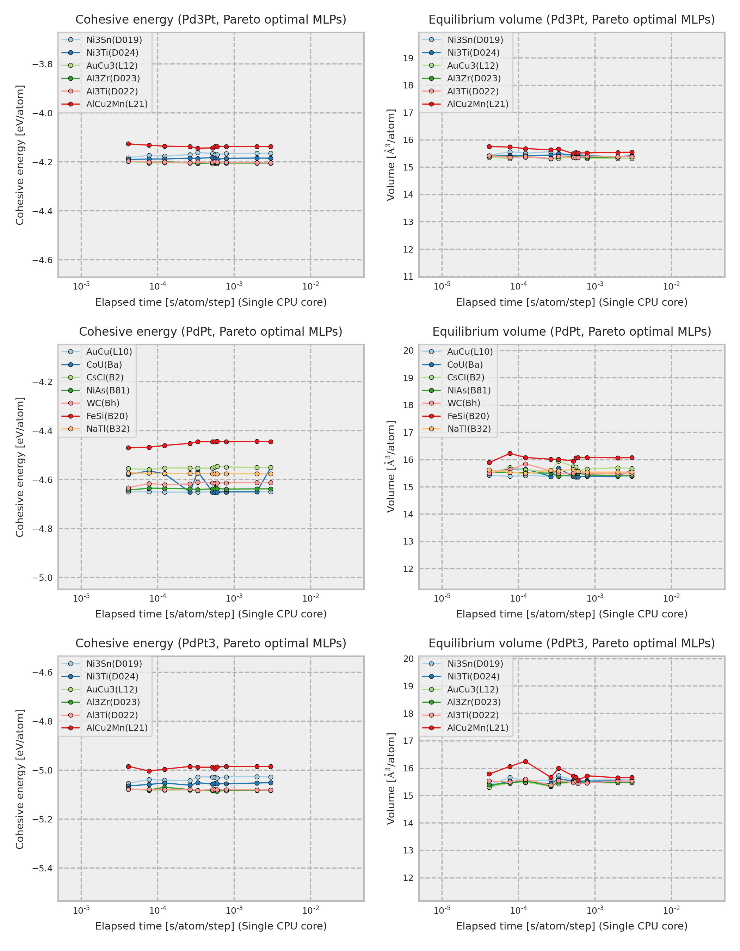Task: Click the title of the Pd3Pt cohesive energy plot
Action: [x=211, y=20]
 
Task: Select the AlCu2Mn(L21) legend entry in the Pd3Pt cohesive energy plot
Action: [x=117, y=104]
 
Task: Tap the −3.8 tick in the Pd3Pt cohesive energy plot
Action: [x=42, y=64]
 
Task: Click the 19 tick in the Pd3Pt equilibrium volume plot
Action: [x=408, y=58]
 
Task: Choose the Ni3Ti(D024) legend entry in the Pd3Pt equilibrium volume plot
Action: [x=473, y=53]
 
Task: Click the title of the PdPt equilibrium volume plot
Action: [x=572, y=332]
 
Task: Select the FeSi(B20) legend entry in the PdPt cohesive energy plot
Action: [x=107, y=416]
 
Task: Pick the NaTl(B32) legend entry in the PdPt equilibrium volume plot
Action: [x=469, y=429]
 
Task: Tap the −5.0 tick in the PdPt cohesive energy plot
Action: [x=42, y=578]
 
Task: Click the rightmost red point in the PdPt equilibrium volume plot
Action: [x=631, y=458]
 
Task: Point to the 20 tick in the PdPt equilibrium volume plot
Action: [x=408, y=350]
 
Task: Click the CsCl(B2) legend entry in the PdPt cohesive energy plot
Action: [x=105, y=377]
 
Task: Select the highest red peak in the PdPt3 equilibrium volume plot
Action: [x=525, y=762]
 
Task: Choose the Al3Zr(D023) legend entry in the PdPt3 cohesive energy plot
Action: [x=113, y=702]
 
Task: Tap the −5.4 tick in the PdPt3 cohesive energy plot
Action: [x=42, y=868]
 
